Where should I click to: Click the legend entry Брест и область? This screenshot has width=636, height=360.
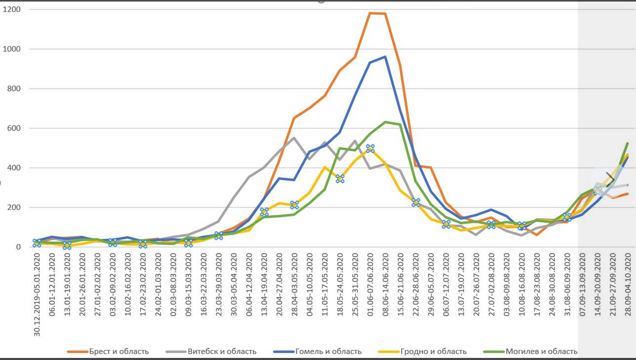pyautogui.click(x=118, y=352)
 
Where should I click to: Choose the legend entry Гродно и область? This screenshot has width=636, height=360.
pyautogui.click(x=434, y=352)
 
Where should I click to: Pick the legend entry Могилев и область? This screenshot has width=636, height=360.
pyautogui.click(x=541, y=352)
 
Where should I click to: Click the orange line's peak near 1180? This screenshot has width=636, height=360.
pyautogui.click(x=370, y=13)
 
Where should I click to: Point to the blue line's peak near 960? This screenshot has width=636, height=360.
pyautogui.click(x=385, y=57)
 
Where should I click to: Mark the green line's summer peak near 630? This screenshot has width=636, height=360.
pyautogui.click(x=385, y=122)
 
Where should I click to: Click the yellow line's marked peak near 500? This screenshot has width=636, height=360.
pyautogui.click(x=370, y=149)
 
